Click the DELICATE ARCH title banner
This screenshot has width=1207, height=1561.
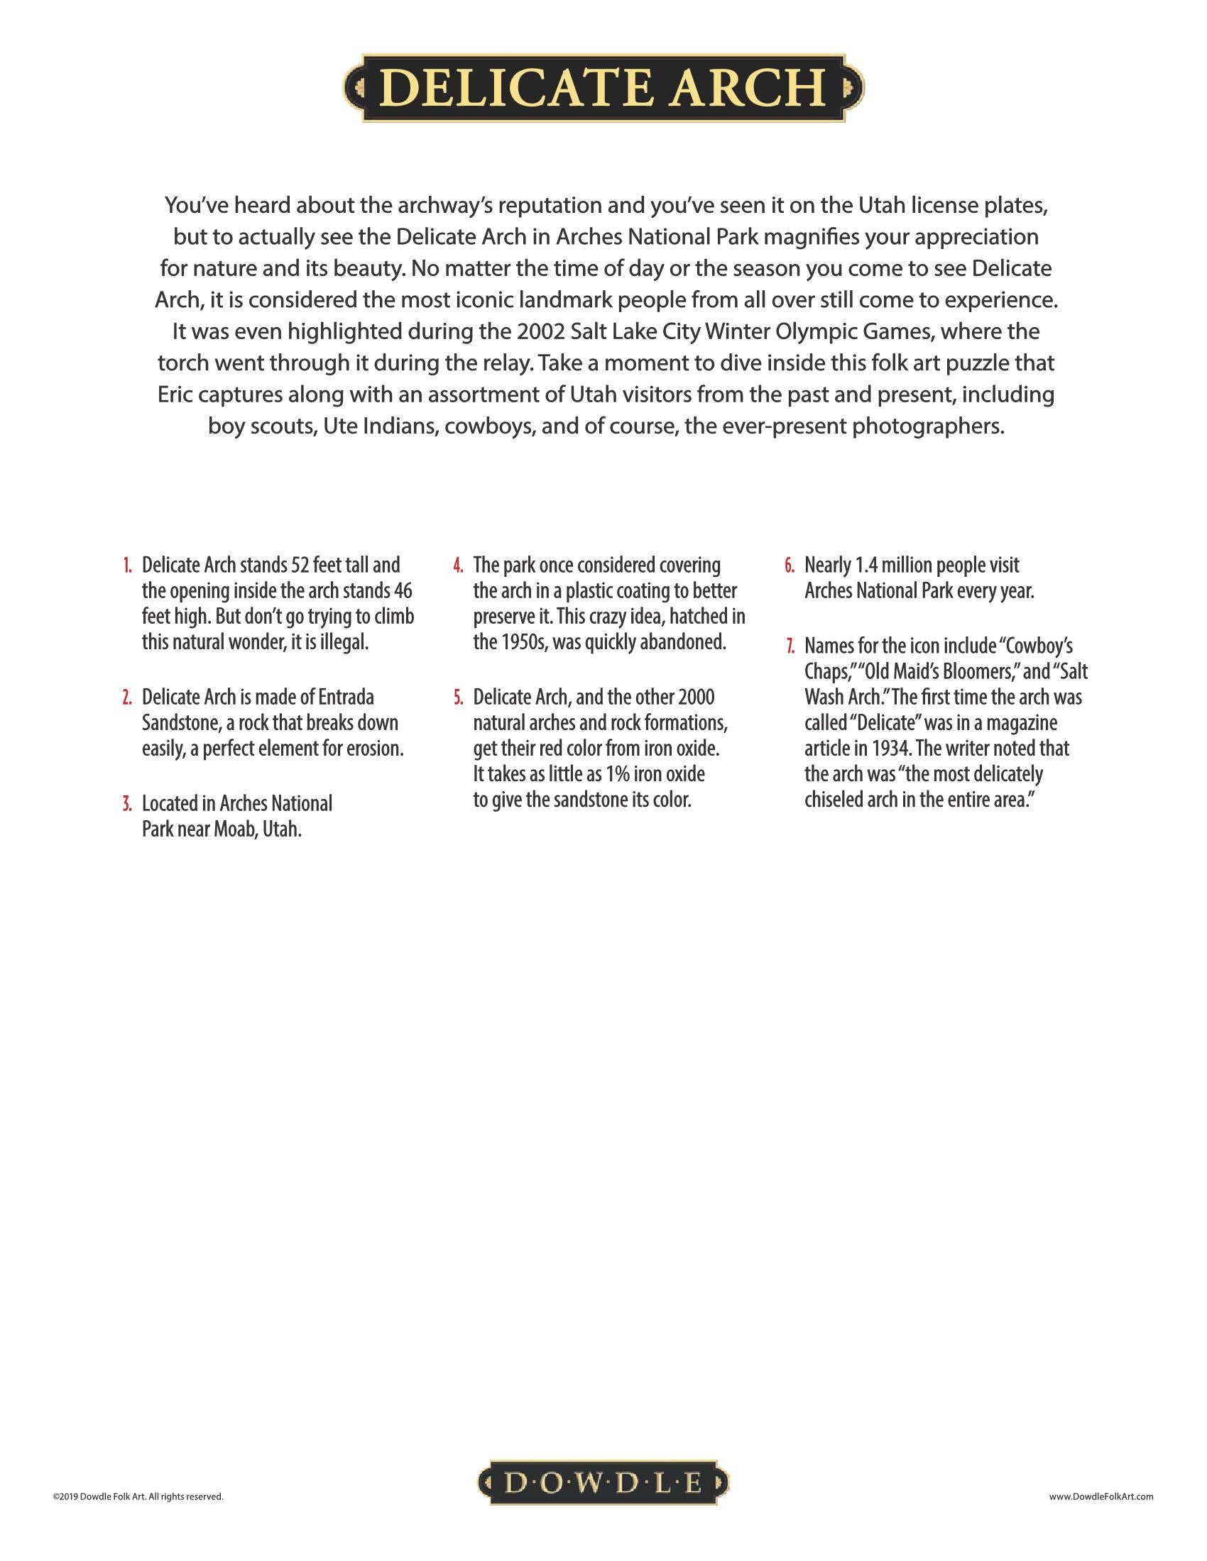click(603, 88)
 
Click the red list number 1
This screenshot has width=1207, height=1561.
click(126, 566)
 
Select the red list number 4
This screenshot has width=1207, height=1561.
click(459, 566)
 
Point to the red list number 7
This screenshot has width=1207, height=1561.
click(790, 646)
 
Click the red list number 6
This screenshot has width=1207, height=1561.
click(790, 566)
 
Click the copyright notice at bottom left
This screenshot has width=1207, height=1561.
click(138, 1496)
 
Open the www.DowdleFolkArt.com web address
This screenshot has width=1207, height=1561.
click(1101, 1496)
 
